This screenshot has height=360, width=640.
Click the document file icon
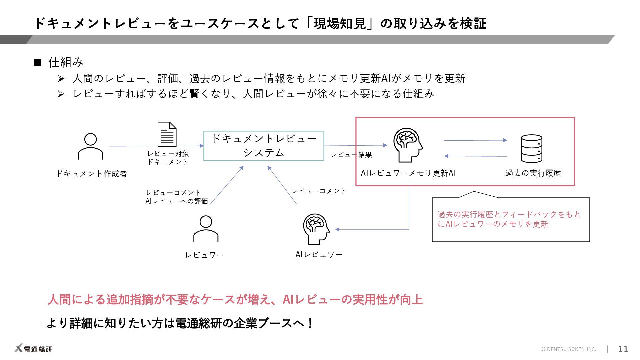click(x=167, y=134)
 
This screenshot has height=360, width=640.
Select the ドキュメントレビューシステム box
click(x=264, y=146)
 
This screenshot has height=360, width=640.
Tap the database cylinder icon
click(x=531, y=149)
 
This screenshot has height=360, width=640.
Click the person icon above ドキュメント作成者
click(x=90, y=147)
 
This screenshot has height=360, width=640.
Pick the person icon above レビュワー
click(x=206, y=229)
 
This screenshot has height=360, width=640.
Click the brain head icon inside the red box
click(x=408, y=145)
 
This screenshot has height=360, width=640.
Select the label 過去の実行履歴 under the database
click(x=533, y=173)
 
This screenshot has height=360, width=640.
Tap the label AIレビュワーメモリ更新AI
click(x=408, y=173)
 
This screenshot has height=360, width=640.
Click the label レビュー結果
click(x=351, y=155)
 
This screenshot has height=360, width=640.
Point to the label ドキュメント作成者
click(x=91, y=174)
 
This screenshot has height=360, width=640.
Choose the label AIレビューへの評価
click(x=177, y=201)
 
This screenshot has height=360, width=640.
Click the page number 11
click(x=623, y=349)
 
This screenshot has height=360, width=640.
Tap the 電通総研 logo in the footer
click(x=33, y=349)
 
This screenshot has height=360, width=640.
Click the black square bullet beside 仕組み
click(x=37, y=62)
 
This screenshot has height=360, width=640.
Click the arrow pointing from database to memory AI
click(x=476, y=156)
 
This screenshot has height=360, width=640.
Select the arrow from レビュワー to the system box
click(x=227, y=185)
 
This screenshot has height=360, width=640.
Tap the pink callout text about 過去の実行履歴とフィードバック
click(x=509, y=219)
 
